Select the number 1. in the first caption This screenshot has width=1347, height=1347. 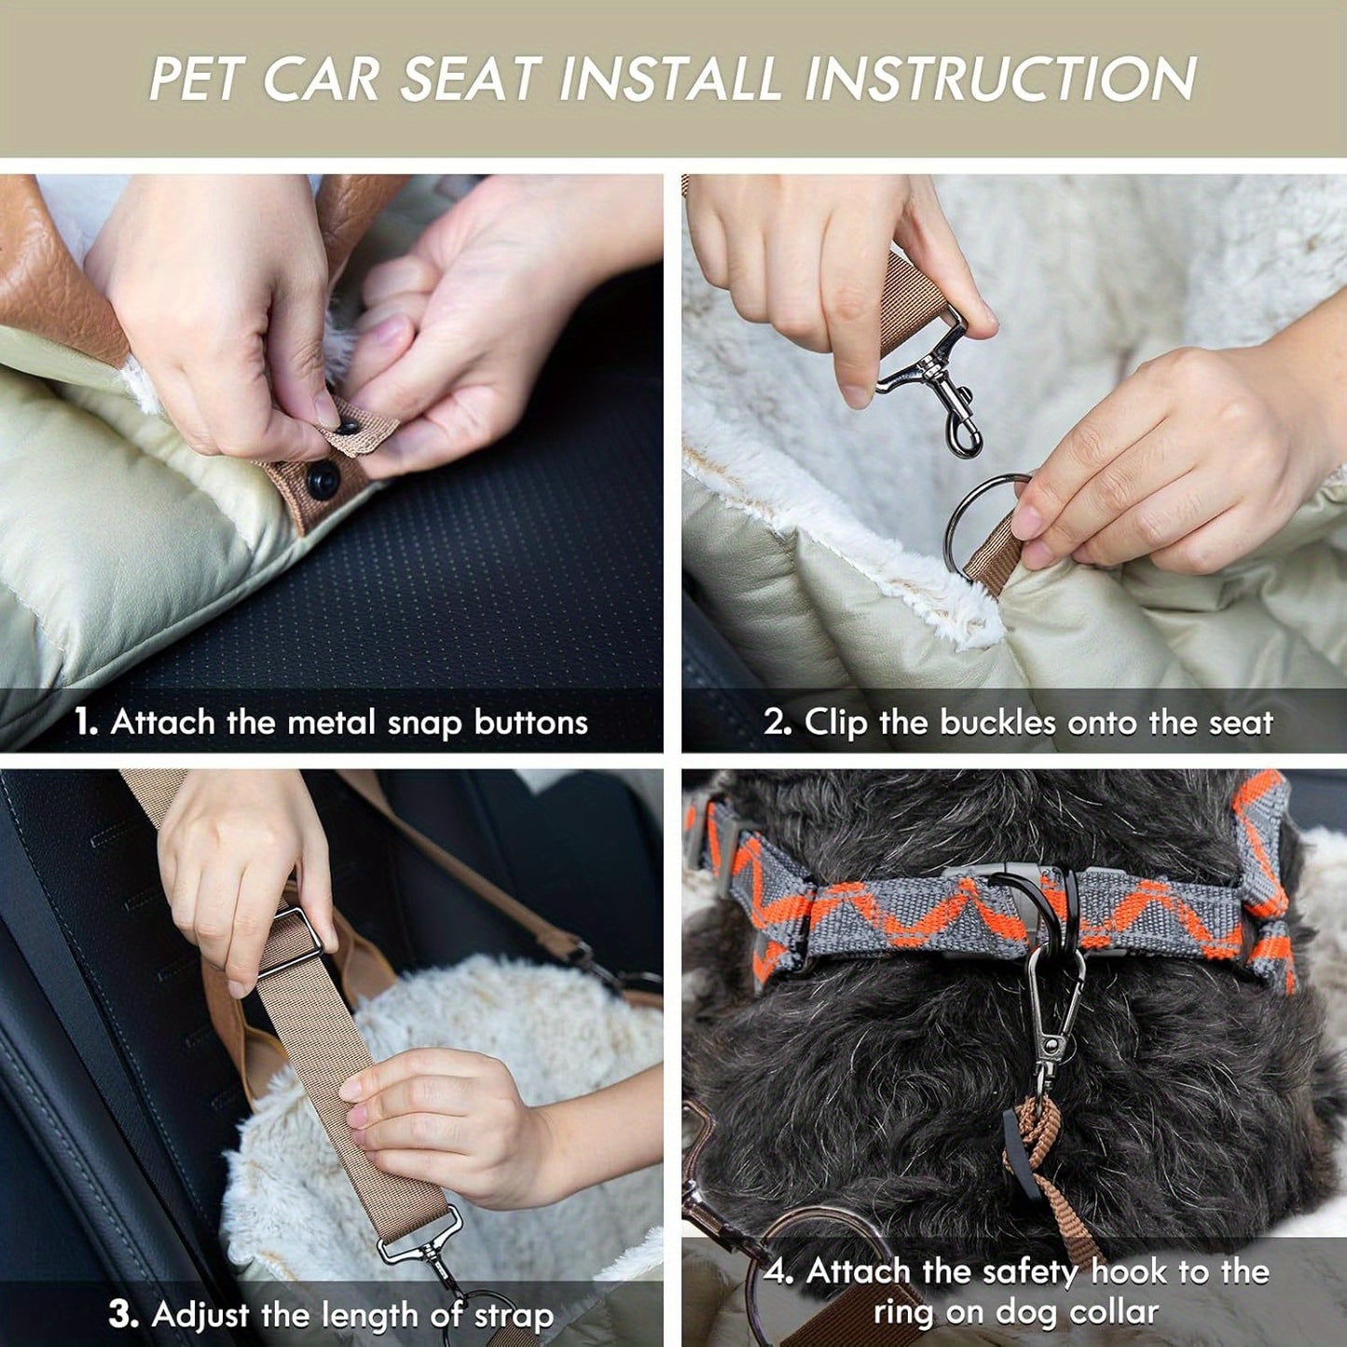pos(86,722)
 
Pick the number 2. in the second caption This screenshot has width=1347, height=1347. pos(777,722)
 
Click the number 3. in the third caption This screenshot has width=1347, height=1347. pos(123,1314)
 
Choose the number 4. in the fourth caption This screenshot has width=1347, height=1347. pos(778,1272)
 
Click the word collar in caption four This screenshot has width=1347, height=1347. pos(1114,1312)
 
